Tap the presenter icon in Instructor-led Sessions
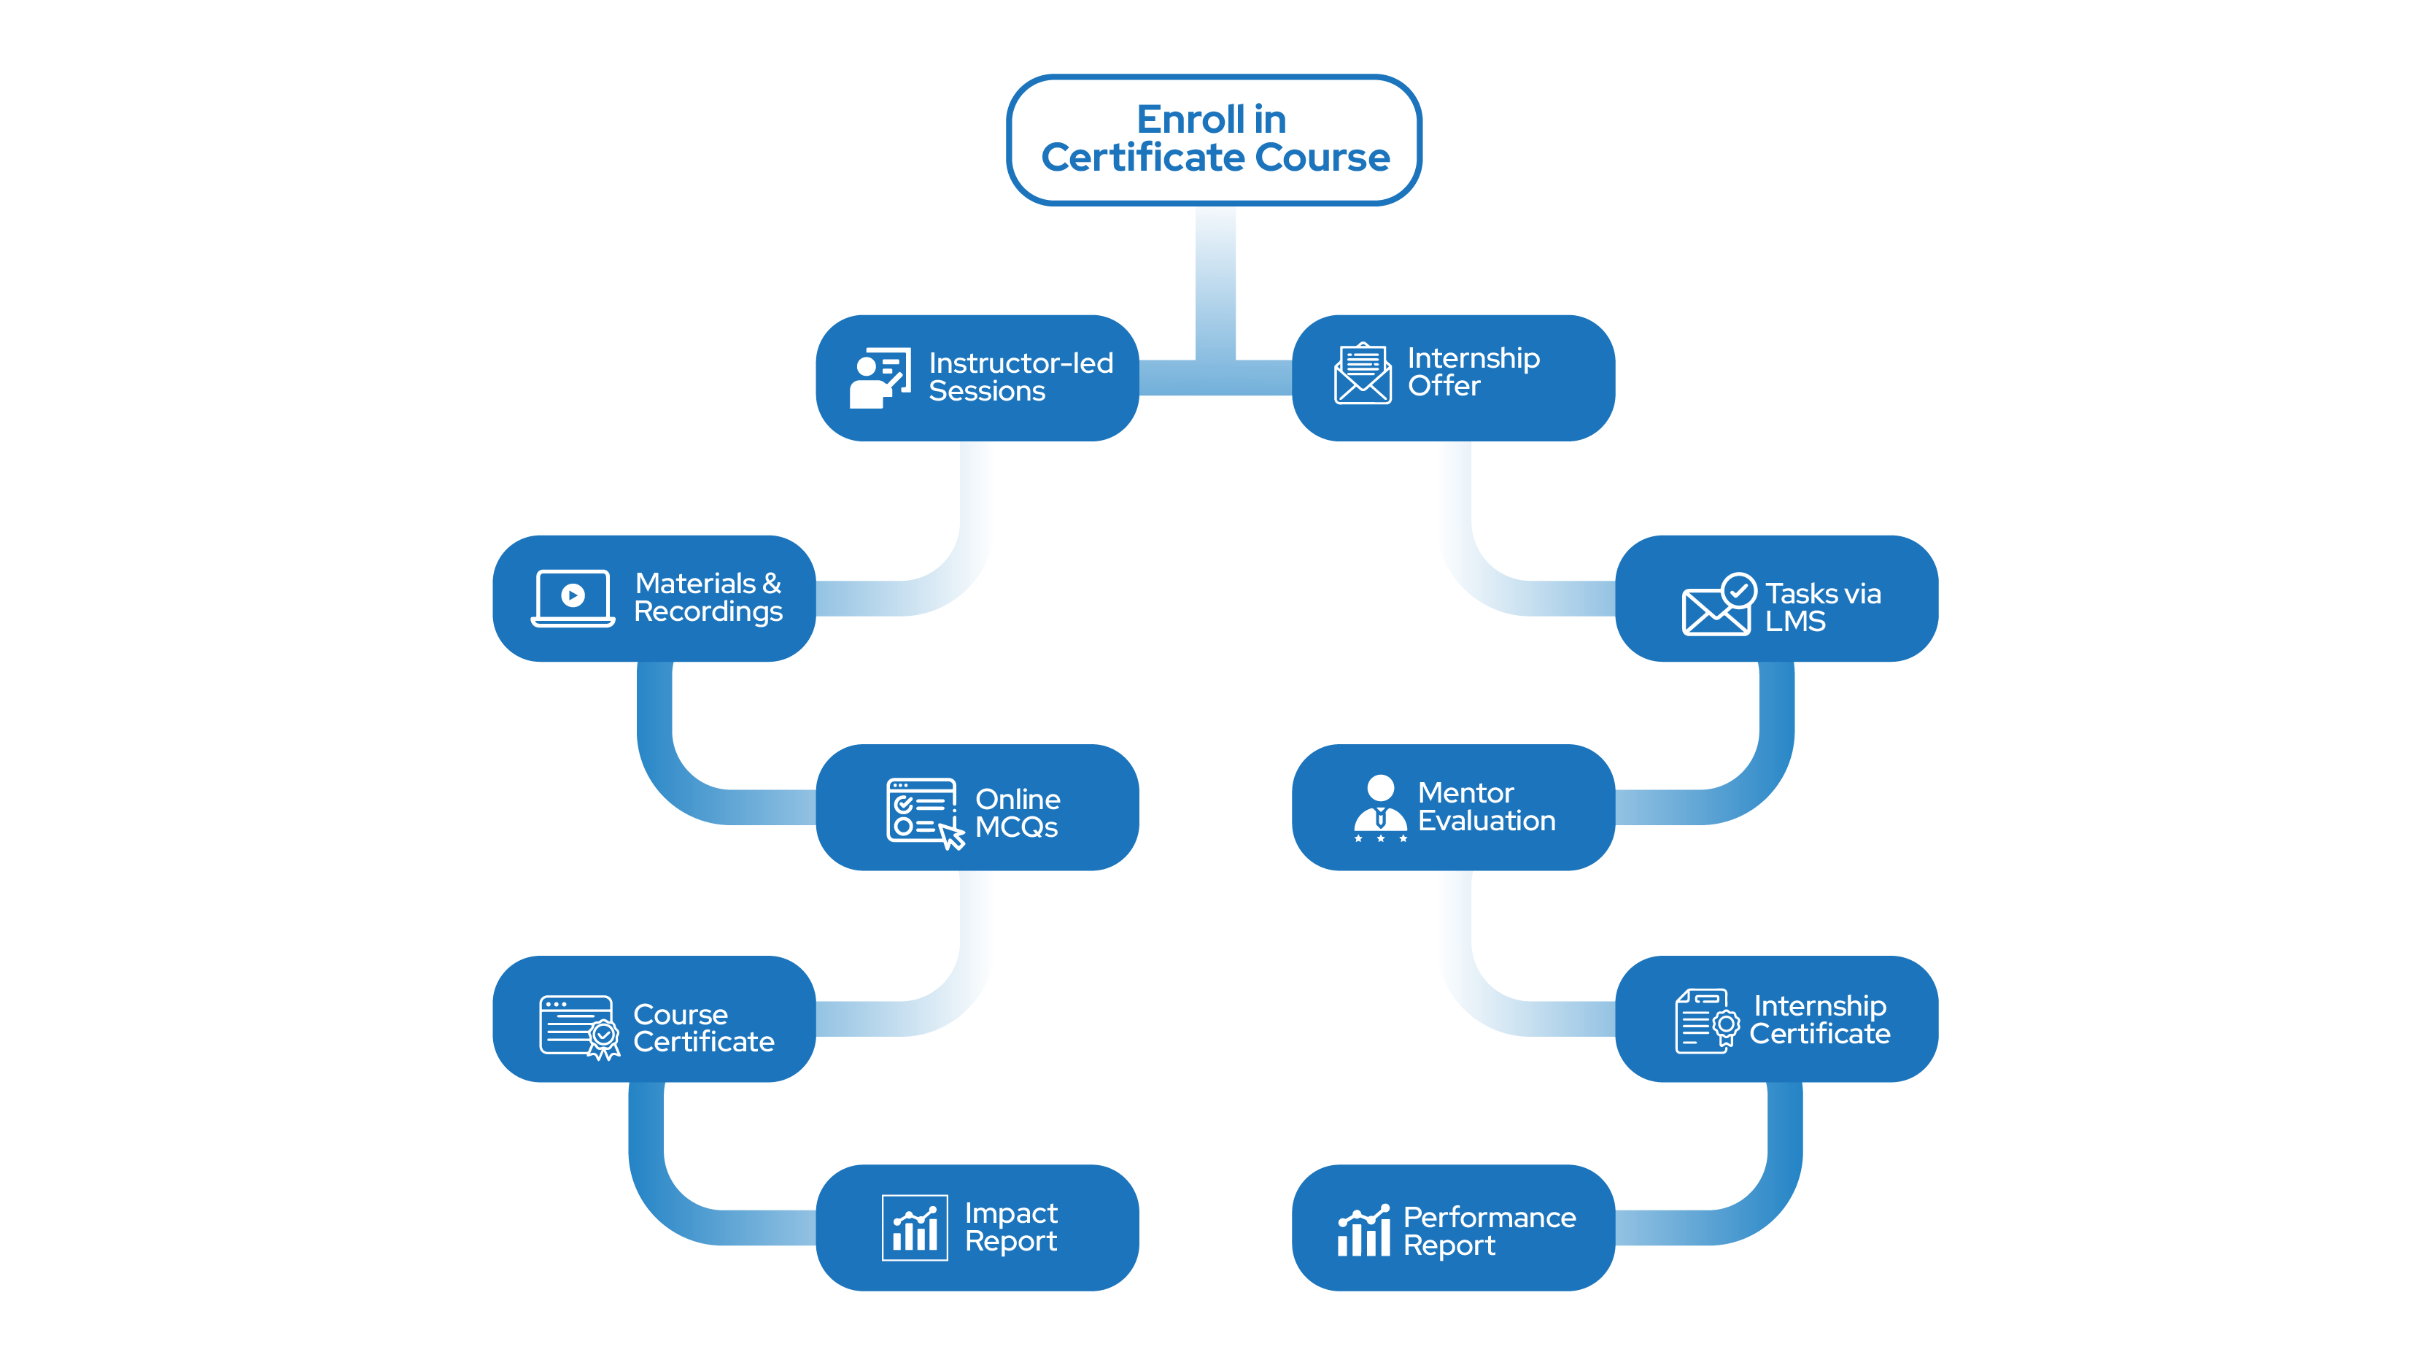pos(879,378)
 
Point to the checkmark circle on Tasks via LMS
pos(1738,591)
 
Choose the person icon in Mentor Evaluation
pos(1380,807)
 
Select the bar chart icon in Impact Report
pos(914,1227)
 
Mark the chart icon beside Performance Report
pos(1363,1230)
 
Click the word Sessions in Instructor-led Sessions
pos(986,392)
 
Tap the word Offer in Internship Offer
pos(1444,386)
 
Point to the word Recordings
pos(708,613)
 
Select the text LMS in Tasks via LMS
pos(1794,621)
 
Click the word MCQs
pos(1016,828)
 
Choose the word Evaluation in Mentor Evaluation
pos(1486,822)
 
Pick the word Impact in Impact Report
pos(1010,1213)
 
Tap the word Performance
pos(1489,1218)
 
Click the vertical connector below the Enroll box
pos(1215,283)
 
